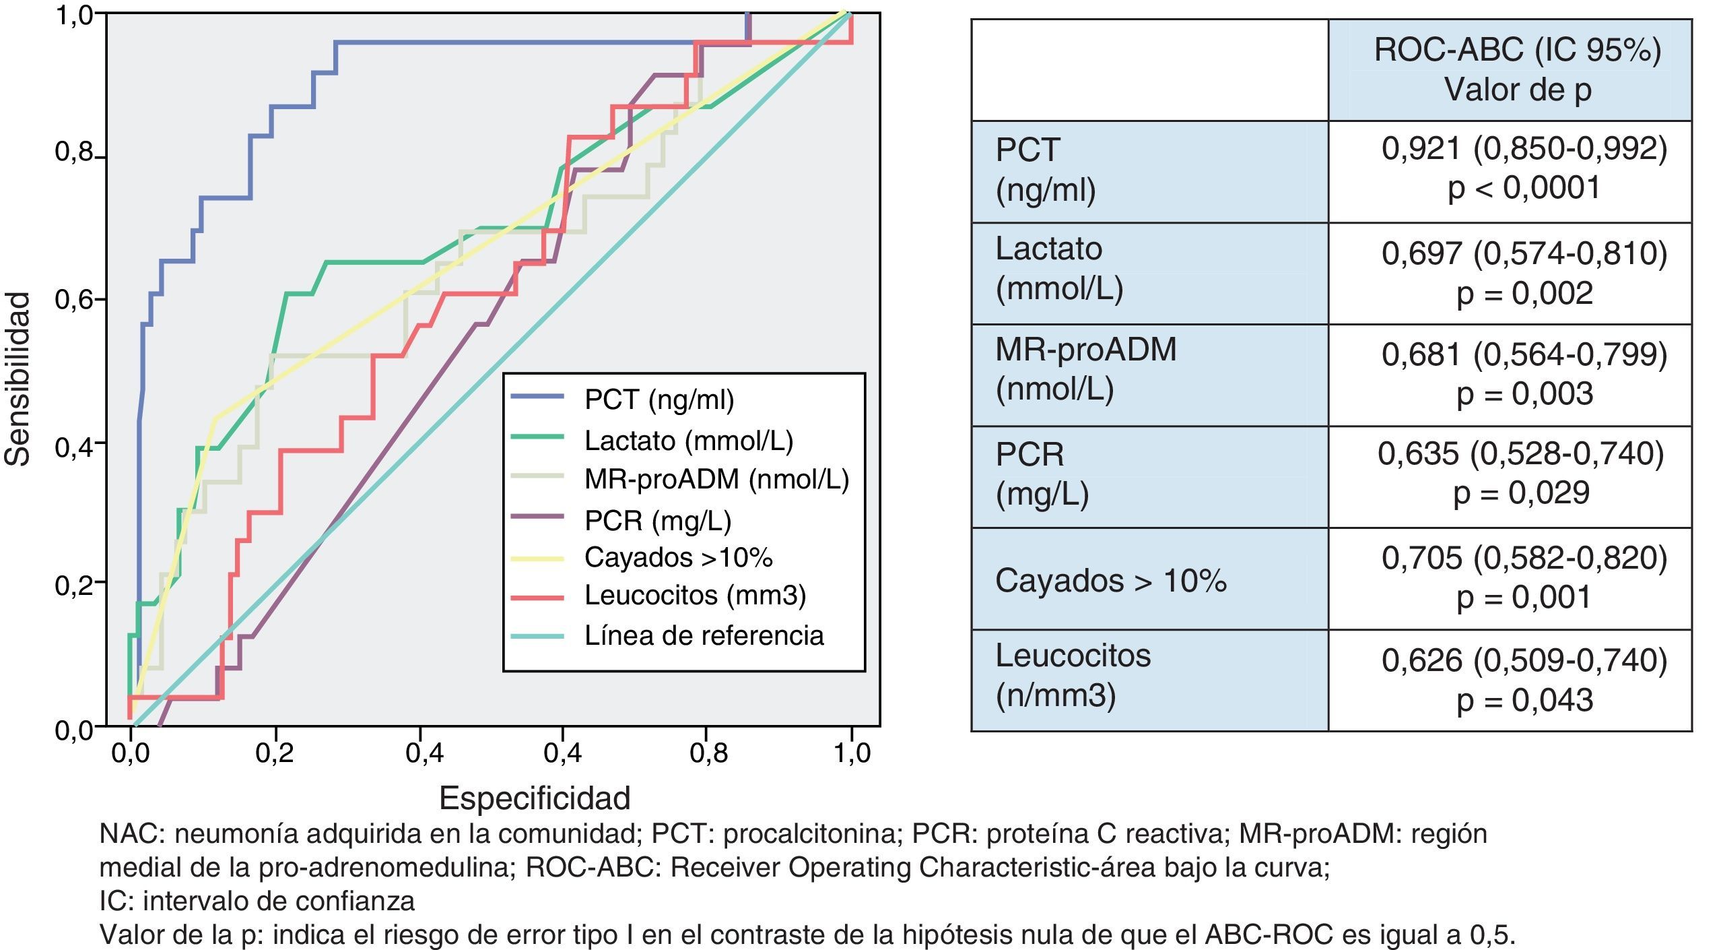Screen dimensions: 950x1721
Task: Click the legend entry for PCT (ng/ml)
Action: [659, 400]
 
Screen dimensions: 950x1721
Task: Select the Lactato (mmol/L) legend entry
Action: [688, 441]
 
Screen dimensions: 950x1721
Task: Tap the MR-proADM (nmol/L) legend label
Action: [716, 479]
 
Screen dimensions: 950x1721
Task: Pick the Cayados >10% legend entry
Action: [678, 557]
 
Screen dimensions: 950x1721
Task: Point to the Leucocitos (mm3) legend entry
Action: [695, 595]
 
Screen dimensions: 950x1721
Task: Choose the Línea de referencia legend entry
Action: [704, 635]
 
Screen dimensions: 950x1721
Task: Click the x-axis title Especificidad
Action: [535, 798]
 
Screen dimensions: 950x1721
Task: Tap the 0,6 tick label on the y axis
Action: [73, 299]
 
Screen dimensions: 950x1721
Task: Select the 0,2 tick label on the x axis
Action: [274, 753]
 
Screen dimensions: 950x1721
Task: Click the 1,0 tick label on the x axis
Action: [852, 753]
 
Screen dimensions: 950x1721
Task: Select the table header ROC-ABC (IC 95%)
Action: [1517, 51]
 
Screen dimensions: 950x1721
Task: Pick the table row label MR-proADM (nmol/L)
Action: [1085, 369]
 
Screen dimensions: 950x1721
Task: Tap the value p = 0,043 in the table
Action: [1524, 700]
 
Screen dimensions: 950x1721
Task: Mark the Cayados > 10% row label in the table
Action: [1110, 580]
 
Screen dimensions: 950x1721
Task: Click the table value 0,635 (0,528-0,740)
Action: [1520, 454]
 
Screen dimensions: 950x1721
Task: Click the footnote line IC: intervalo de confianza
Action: [257, 901]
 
